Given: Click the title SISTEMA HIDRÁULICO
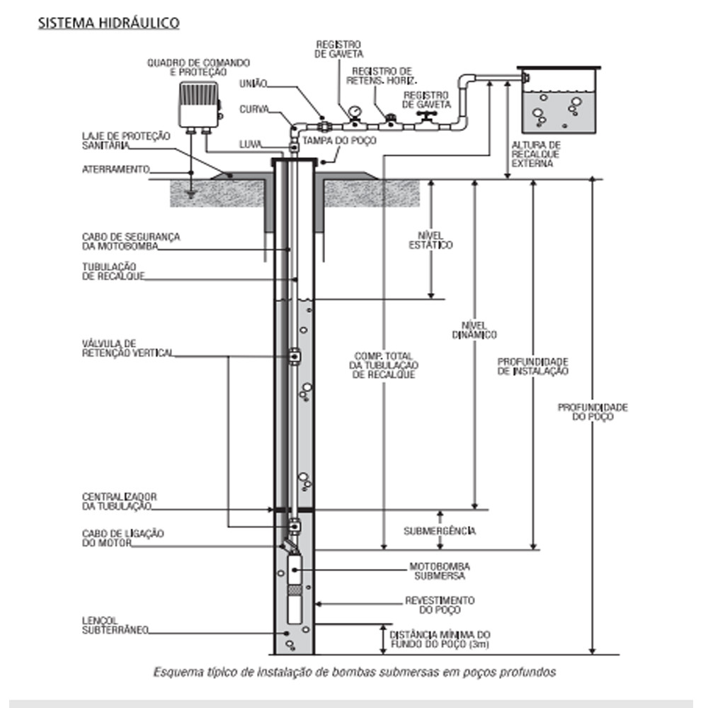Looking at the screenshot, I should [108, 23].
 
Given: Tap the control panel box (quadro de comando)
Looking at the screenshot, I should [198, 104].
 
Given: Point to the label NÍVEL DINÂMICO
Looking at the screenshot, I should [475, 329].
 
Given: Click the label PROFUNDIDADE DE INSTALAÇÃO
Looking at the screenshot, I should [533, 365].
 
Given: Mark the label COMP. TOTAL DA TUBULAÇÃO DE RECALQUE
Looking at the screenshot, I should [384, 365].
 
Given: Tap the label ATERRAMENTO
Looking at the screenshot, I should [115, 170].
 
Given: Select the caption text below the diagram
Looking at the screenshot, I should [355, 672].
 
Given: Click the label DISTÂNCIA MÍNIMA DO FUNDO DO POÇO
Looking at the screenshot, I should [440, 640].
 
